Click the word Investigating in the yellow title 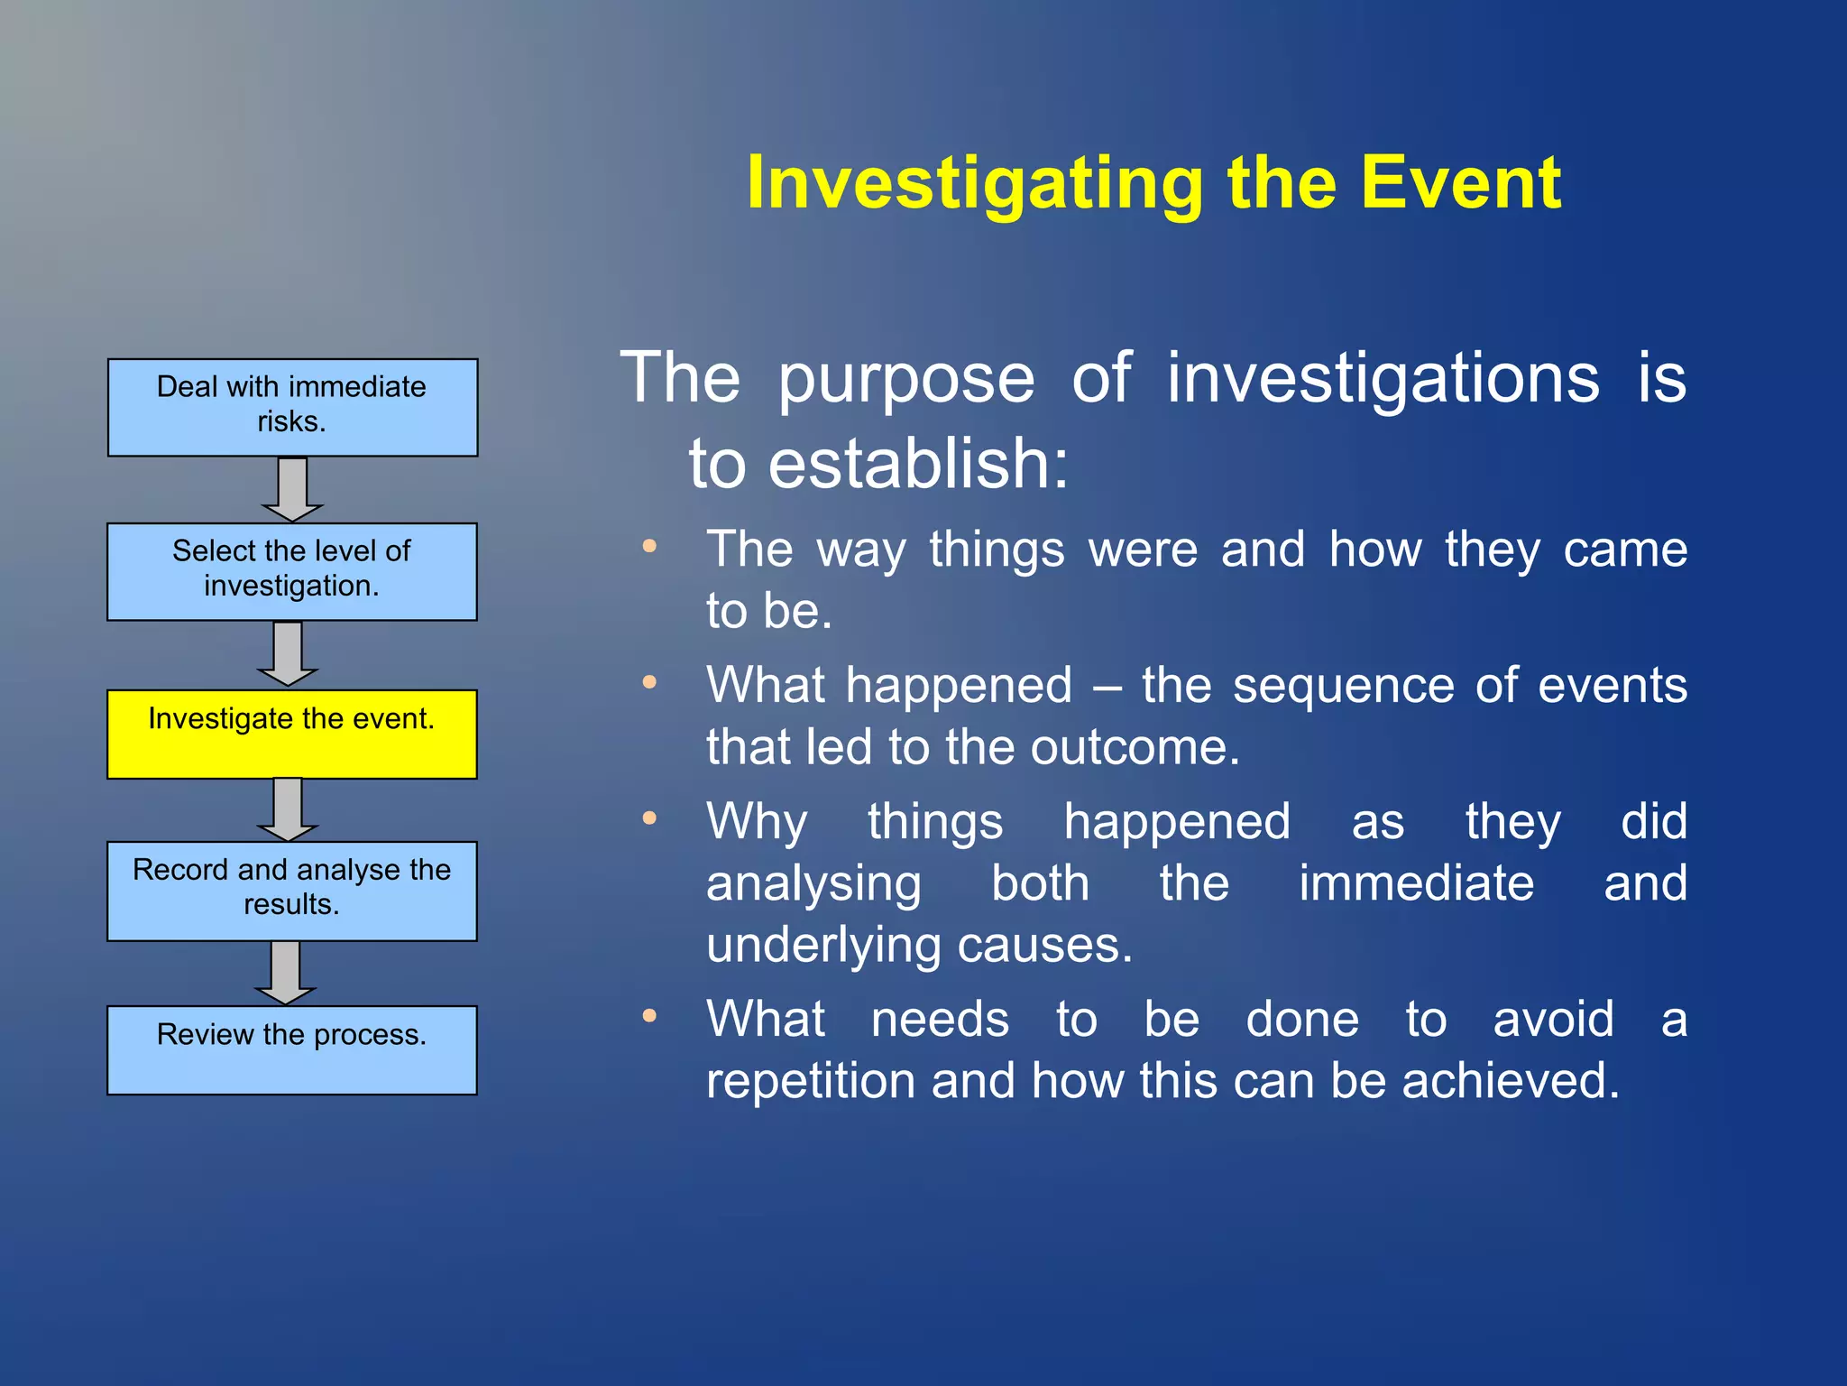coord(974,183)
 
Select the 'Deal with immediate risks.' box coord(292,407)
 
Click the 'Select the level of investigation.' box coord(292,571)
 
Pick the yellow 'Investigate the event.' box coord(292,734)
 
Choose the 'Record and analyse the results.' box coord(292,891)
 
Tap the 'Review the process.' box coord(292,1049)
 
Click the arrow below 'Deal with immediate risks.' coord(292,489)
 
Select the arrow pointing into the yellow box coord(288,653)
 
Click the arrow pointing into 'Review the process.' coord(286,972)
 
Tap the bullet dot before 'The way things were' coord(649,546)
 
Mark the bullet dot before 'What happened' coord(649,682)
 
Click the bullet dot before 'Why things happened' coord(649,818)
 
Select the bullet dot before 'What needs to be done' coord(649,1016)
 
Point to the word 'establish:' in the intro coord(917,463)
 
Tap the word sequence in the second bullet coord(1343,686)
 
